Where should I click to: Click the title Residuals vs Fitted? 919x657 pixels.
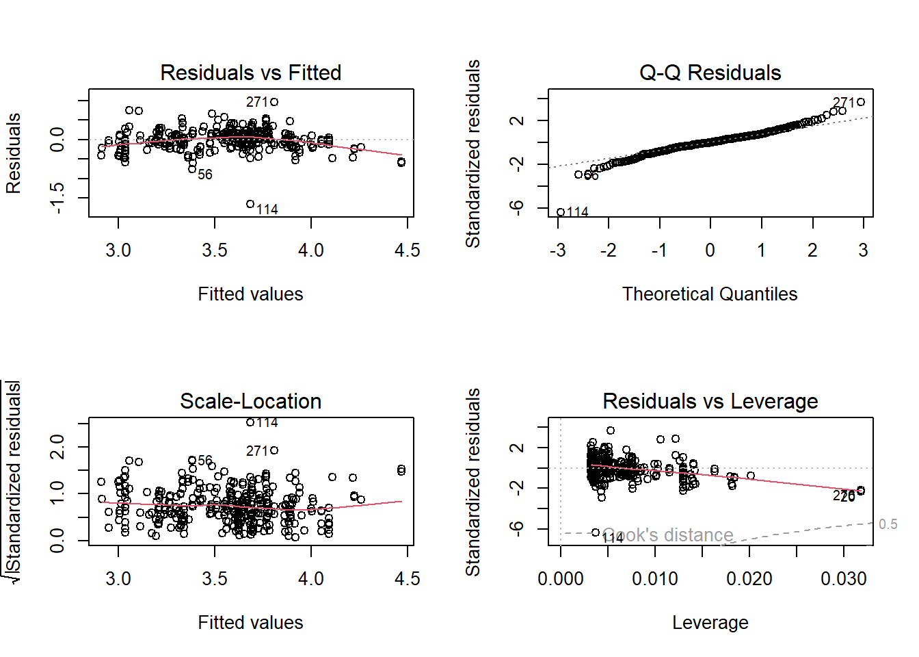[x=250, y=73]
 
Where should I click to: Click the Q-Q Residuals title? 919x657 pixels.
[x=710, y=73]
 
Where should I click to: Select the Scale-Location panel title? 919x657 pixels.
[x=250, y=401]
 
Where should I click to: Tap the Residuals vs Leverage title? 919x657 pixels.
[x=710, y=401]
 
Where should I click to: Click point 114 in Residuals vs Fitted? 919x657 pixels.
[x=250, y=204]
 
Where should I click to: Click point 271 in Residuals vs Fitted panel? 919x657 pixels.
[x=274, y=102]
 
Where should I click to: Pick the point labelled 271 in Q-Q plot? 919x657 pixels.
[x=861, y=102]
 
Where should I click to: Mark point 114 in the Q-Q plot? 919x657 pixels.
[x=561, y=212]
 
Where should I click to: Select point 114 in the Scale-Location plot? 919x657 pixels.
[x=250, y=422]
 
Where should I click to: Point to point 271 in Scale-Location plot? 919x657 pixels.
[x=274, y=450]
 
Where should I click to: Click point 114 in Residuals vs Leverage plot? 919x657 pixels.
[x=596, y=532]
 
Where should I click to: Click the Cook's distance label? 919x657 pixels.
[x=668, y=535]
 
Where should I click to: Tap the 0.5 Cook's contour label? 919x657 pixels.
[x=888, y=524]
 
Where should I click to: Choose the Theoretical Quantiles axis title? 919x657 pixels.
[x=710, y=294]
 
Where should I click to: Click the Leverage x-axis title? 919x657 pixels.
[x=710, y=623]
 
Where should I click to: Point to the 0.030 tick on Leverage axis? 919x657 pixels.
[x=843, y=579]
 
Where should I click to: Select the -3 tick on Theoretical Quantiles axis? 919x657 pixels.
[x=558, y=250]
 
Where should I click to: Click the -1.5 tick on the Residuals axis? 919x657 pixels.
[x=57, y=198]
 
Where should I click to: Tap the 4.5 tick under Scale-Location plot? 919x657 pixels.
[x=407, y=579]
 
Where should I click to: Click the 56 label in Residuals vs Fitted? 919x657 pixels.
[x=205, y=175]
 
